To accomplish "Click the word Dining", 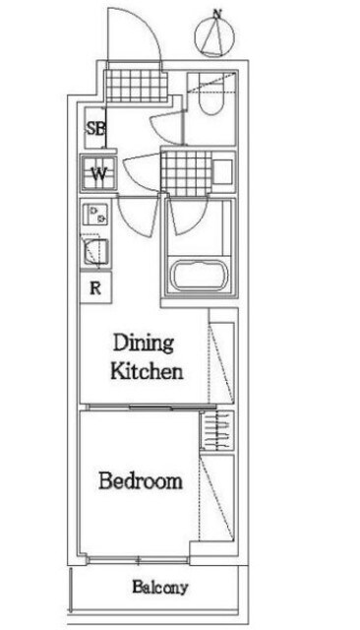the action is coord(144,344).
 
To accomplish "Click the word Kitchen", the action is coord(147,371).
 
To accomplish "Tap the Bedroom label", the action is coord(141,481).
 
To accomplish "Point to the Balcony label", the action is coord(160,588).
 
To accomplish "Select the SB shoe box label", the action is coord(96,129).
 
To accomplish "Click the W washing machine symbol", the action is coord(99,173).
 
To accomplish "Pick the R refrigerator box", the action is coord(95,287).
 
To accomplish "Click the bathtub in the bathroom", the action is coord(199,276).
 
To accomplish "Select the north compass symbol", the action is coord(214,37).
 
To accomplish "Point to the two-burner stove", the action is coord(96,215).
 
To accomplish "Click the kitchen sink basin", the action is coord(96,252).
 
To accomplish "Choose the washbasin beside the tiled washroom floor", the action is coord(222,171).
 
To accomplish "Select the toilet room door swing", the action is coord(166,128).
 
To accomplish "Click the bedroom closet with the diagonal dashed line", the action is coord(216,498).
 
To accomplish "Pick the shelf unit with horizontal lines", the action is coord(216,430).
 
